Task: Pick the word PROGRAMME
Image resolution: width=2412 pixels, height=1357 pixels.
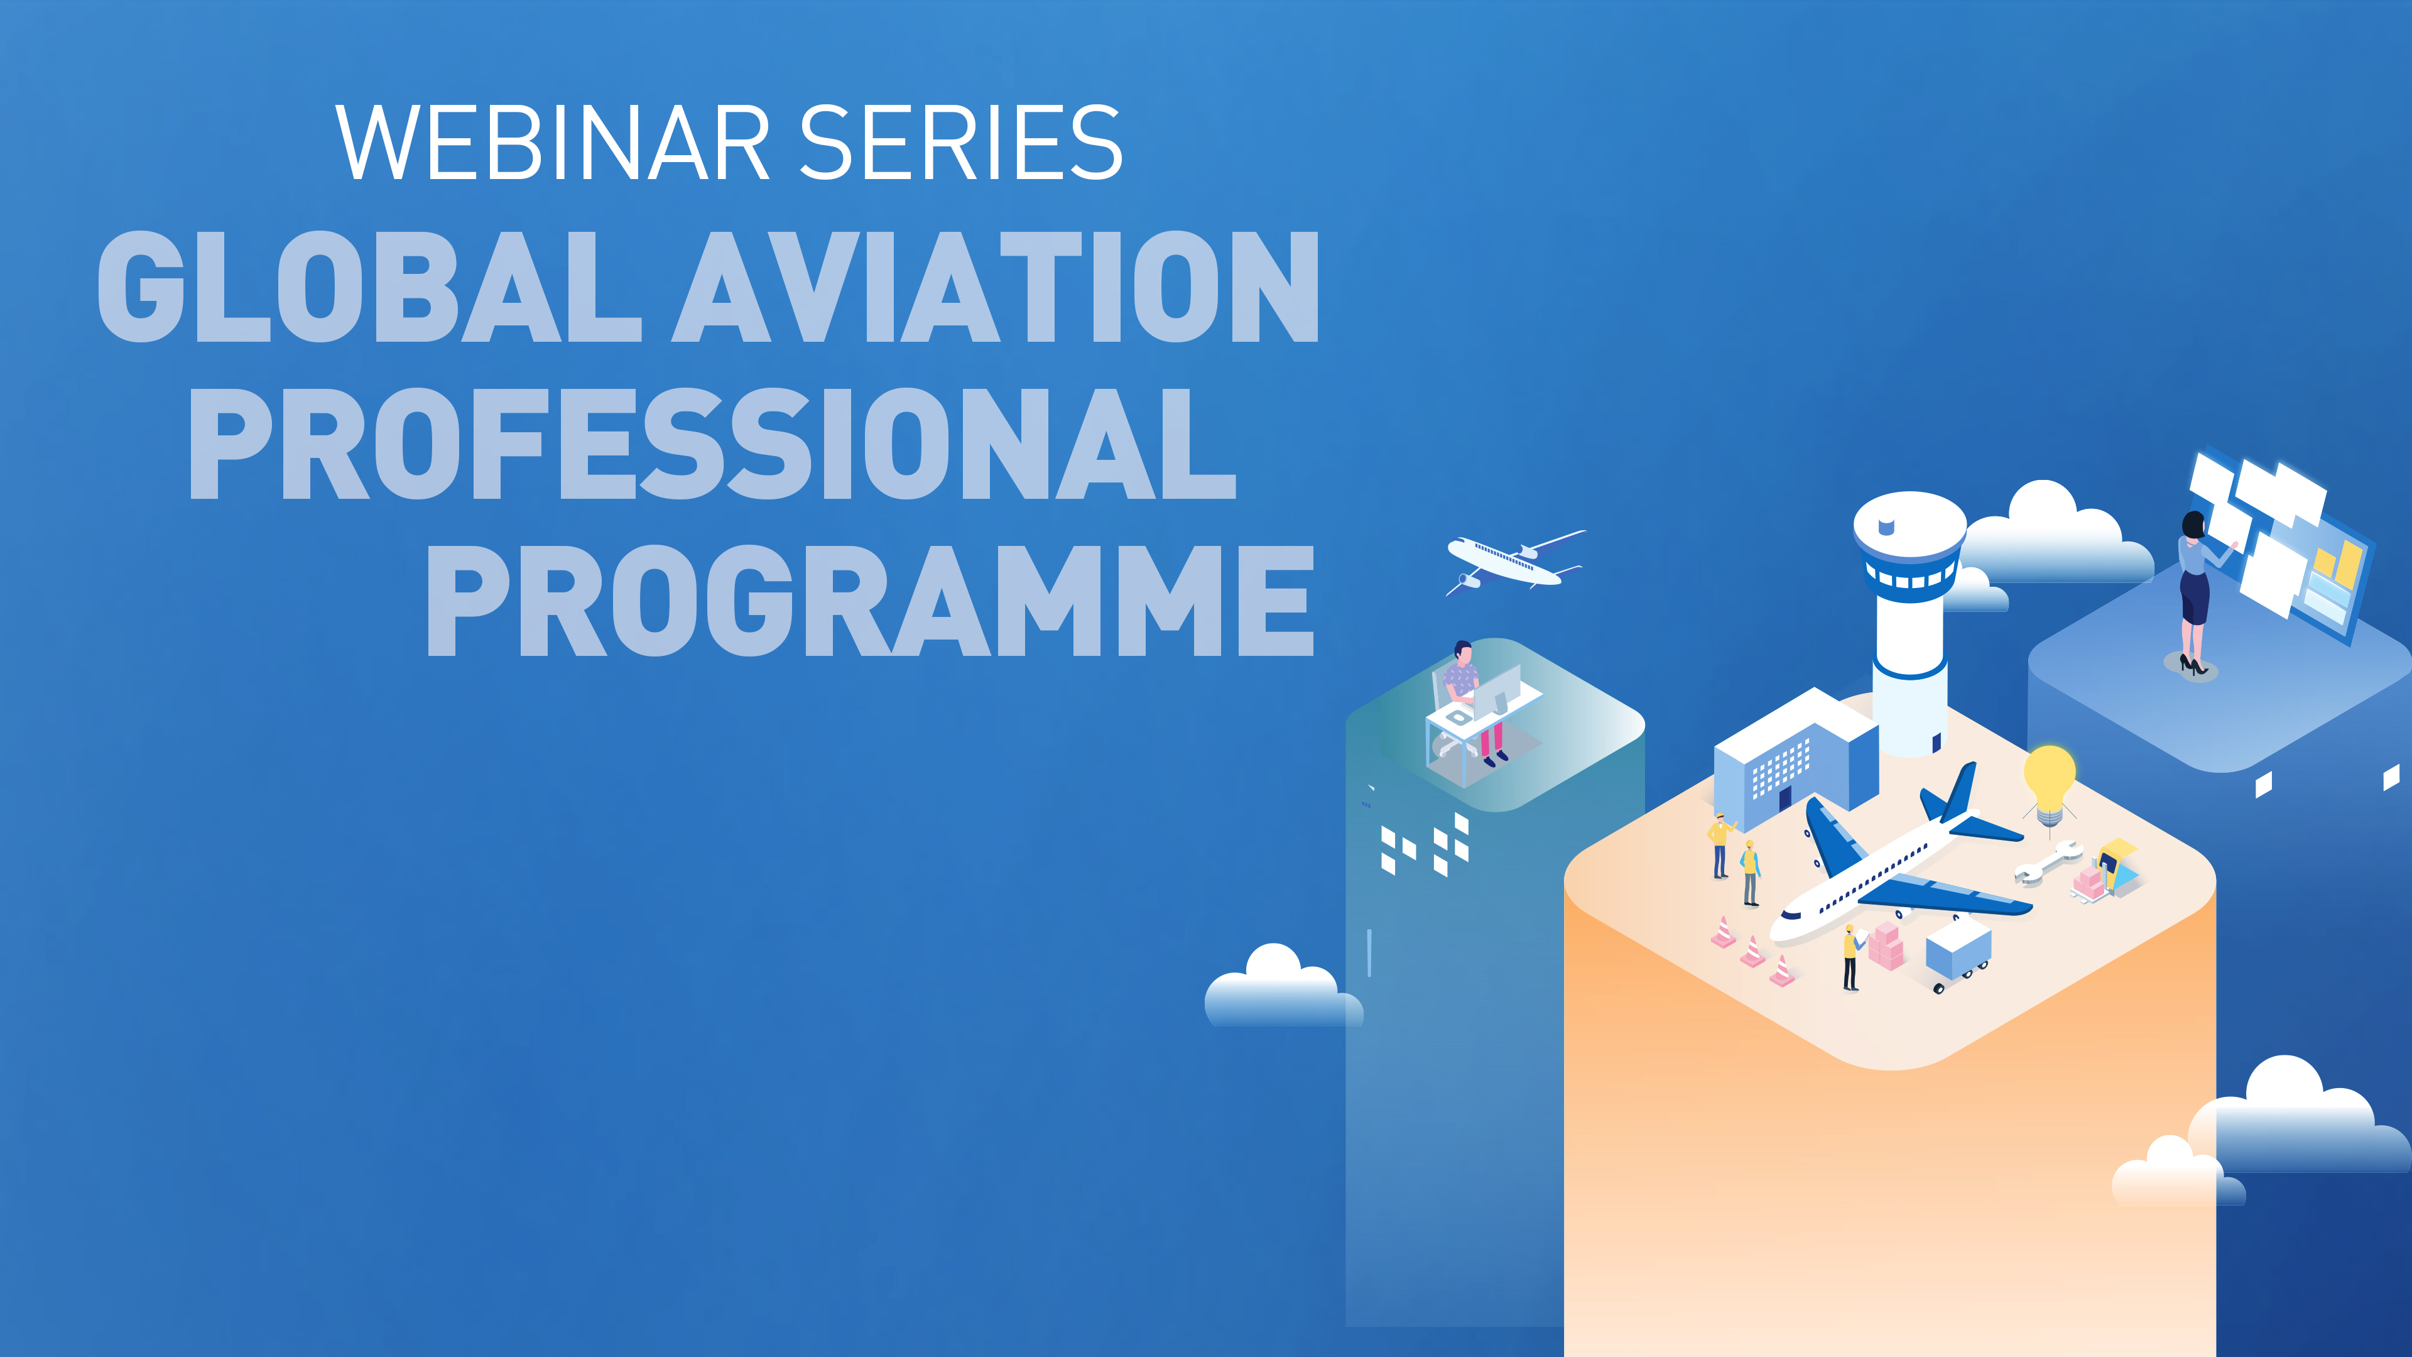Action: coord(871,601)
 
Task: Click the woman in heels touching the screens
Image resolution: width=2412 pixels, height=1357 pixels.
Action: coord(2194,590)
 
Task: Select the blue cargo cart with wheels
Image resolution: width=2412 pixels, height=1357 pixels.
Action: coord(1957,951)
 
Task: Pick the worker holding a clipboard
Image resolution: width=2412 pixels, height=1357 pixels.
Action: coord(1851,955)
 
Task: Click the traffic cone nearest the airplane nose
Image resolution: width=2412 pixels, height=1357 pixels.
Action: coord(1782,971)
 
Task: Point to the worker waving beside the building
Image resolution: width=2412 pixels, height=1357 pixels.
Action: coord(1719,843)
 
